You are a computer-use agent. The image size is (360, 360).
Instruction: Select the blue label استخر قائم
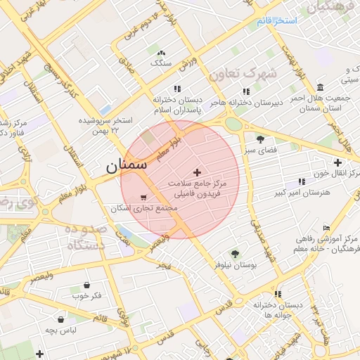pyautogui.click(x=277, y=21)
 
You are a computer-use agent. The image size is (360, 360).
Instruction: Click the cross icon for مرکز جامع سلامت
pyautogui.click(x=196, y=172)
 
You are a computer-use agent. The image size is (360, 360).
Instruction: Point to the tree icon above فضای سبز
pyautogui.click(x=261, y=139)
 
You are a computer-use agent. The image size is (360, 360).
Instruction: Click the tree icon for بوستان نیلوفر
pyautogui.click(x=235, y=254)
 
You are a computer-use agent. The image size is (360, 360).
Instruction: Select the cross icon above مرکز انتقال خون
pyautogui.click(x=337, y=162)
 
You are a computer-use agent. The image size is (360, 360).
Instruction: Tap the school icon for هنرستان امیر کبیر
pyautogui.click(x=302, y=181)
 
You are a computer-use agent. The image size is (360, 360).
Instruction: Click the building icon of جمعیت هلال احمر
pyautogui.click(x=321, y=87)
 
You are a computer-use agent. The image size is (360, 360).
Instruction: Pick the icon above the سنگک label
pyautogui.click(x=162, y=53)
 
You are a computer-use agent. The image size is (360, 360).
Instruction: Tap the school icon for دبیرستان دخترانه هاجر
pyautogui.click(x=245, y=91)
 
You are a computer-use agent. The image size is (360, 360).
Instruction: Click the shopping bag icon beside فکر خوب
pyautogui.click(x=86, y=285)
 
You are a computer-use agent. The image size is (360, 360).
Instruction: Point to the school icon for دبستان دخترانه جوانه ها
pyautogui.click(x=278, y=294)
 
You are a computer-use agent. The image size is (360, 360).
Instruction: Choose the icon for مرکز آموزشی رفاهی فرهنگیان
pyautogui.click(x=326, y=228)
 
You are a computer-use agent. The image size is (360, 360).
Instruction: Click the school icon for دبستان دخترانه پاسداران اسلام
pyautogui.click(x=177, y=89)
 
